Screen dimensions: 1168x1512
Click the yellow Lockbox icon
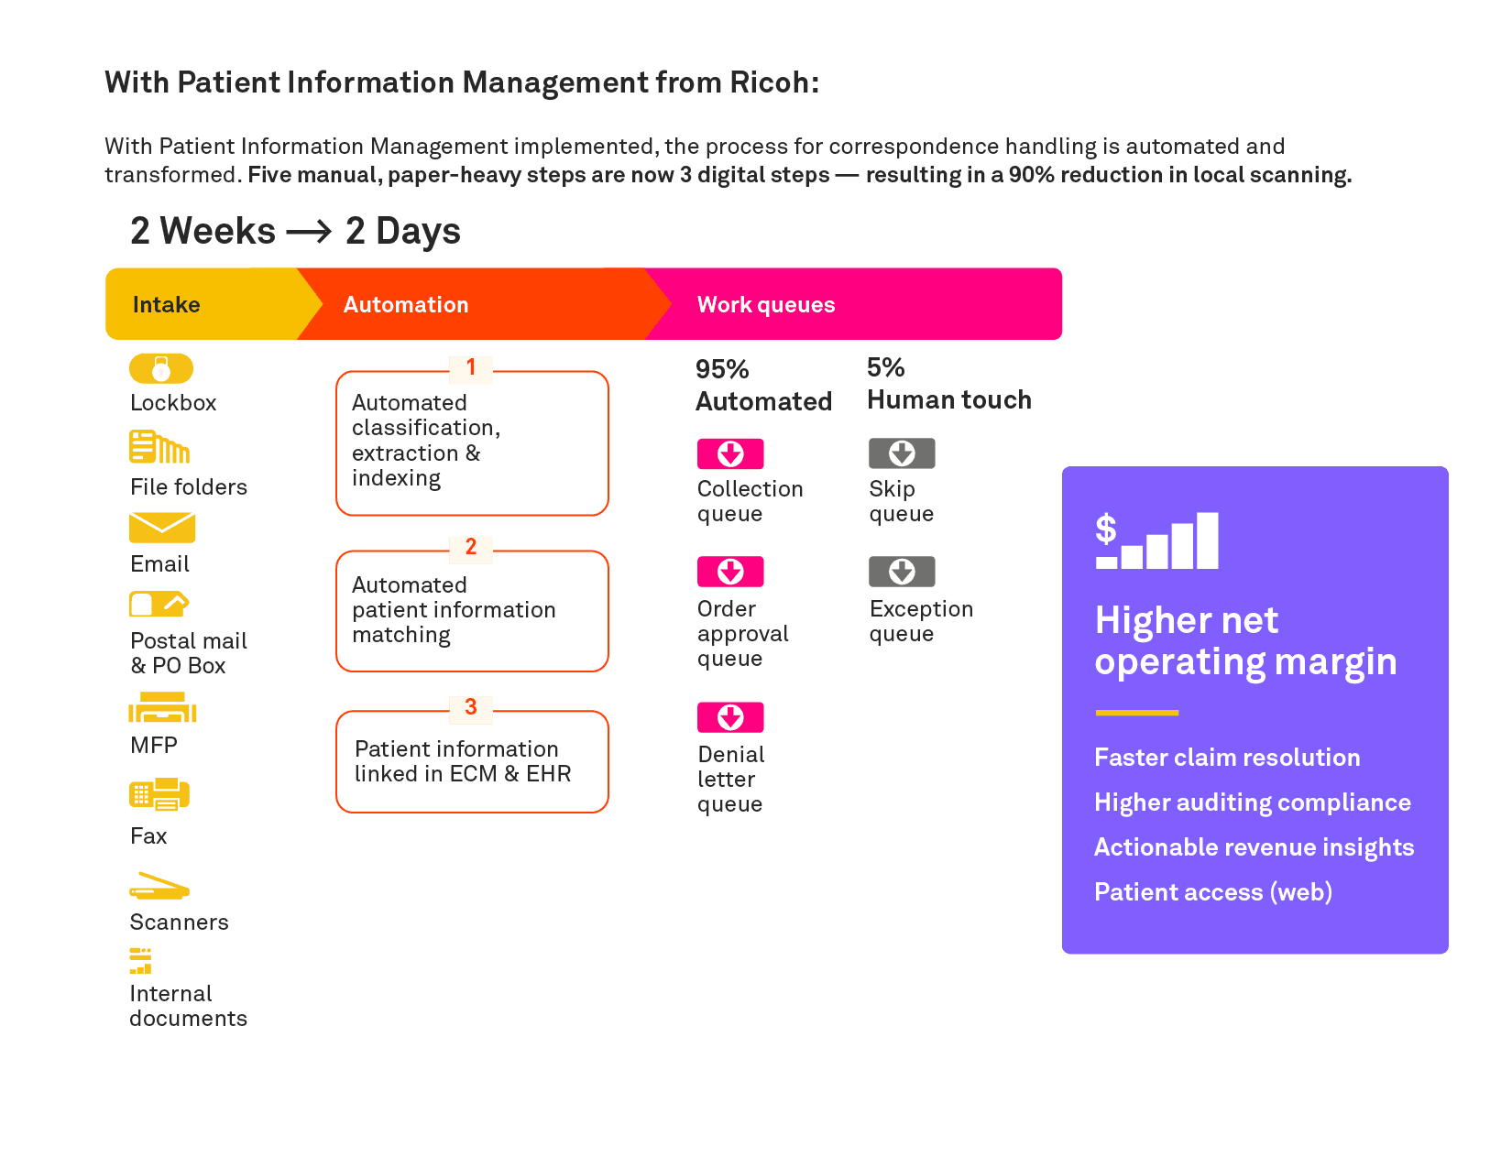pyautogui.click(x=161, y=368)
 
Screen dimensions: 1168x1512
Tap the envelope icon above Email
pyautogui.click(x=162, y=528)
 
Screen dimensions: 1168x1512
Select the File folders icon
pyautogui.click(x=159, y=447)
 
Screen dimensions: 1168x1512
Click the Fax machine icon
pyautogui.click(x=159, y=794)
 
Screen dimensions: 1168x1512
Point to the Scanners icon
pyautogui.click(x=159, y=887)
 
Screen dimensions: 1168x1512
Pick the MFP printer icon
pyautogui.click(x=162, y=708)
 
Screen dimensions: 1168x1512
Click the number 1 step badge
pyautogui.click(x=471, y=368)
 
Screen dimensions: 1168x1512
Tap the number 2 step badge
pyautogui.click(x=471, y=548)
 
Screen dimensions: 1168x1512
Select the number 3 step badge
pyautogui.click(x=471, y=708)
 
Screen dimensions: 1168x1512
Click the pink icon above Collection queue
pyautogui.click(x=730, y=453)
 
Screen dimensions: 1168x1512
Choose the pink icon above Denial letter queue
pyautogui.click(x=730, y=716)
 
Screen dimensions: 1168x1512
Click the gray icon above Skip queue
pyautogui.click(x=902, y=453)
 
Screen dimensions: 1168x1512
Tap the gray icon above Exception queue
pyautogui.click(x=902, y=572)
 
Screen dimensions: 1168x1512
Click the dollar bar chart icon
pyautogui.click(x=1156, y=541)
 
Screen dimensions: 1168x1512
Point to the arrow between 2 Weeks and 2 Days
pyautogui.click(x=309, y=232)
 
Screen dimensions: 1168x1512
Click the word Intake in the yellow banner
pyautogui.click(x=166, y=305)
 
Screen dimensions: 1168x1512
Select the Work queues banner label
pyautogui.click(x=766, y=305)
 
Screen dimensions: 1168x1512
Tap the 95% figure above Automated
pyautogui.click(x=722, y=369)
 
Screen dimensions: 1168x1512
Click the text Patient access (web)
pyautogui.click(x=1213, y=892)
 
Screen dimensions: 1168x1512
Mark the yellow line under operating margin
pyautogui.click(x=1136, y=712)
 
